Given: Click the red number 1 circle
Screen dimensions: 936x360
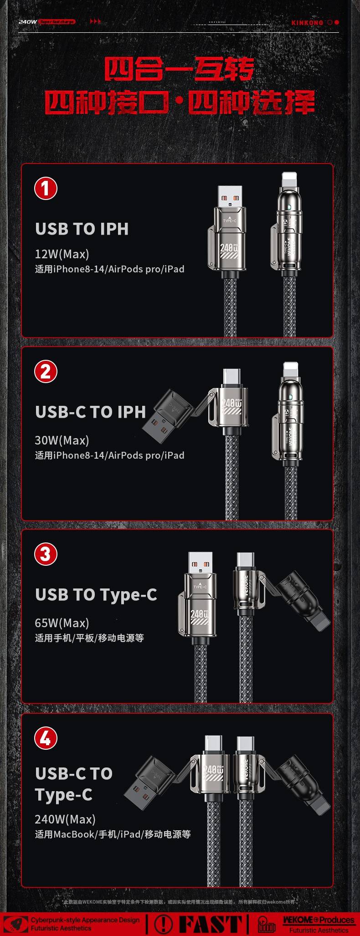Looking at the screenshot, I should (46, 189).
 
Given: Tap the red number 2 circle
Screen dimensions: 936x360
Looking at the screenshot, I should (46, 372).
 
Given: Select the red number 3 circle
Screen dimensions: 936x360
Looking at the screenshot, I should (46, 554).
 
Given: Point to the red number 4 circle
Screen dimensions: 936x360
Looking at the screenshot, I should (46, 738).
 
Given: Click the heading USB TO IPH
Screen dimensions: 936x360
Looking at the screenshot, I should (82, 229).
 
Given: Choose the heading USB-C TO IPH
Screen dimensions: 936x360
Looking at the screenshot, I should (90, 412).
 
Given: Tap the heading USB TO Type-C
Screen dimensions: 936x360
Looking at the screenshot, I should (96, 595).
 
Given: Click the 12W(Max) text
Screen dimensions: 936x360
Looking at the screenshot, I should (62, 254).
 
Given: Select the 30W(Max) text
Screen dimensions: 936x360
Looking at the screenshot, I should (62, 440).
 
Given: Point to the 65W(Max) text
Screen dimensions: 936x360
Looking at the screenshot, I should (62, 623).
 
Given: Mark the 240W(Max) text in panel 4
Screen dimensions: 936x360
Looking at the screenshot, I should (65, 819).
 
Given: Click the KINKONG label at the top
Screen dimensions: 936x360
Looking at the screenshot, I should (307, 23).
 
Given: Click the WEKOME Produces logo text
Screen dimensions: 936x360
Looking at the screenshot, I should (319, 920).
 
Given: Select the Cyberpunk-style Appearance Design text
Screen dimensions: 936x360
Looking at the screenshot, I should (85, 920).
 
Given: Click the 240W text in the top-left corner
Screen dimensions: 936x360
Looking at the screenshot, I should (28, 21).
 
